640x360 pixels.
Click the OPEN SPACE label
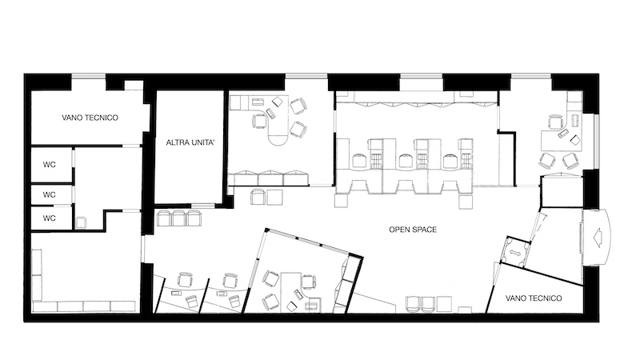pos(413,230)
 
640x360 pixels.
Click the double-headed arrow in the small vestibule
pos(514,253)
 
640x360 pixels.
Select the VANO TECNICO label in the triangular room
pos(534,298)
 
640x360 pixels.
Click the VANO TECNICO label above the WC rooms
pos(90,118)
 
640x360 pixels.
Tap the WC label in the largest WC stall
pos(50,165)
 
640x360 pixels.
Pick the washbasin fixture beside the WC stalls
pos(81,222)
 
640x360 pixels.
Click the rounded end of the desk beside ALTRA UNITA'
pos(278,138)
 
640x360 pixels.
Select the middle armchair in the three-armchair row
pos(179,218)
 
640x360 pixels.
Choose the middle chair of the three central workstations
pos(405,161)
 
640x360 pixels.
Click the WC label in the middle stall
pos(50,194)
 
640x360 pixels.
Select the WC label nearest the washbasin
pos(50,218)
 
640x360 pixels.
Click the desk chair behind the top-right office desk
pos(555,122)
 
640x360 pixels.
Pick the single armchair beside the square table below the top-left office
pos(258,197)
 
